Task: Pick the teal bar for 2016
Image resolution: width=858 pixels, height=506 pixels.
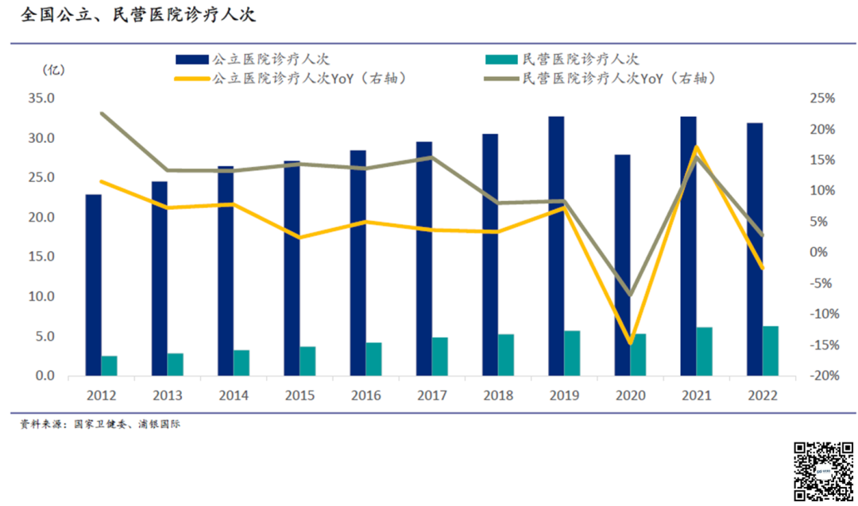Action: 373,359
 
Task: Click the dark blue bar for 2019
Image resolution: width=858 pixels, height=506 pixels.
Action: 556,245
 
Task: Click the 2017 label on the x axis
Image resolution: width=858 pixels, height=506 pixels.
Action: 432,396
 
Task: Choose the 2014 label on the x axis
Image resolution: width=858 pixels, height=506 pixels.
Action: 234,396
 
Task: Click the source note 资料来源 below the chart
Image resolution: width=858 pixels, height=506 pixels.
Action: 100,424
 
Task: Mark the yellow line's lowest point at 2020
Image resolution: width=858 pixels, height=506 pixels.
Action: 631,343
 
